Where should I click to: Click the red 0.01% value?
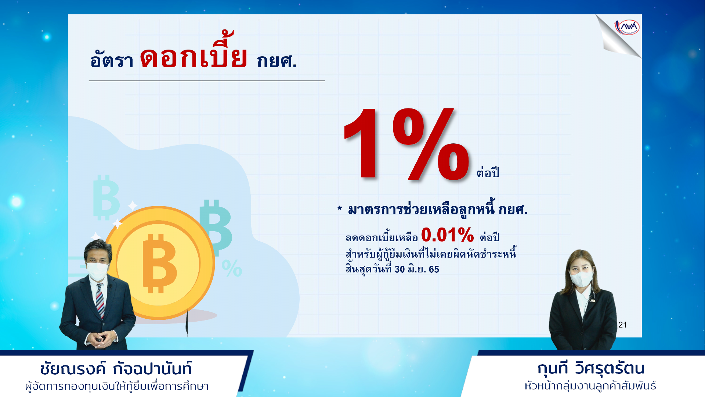447,235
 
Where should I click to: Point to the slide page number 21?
622,325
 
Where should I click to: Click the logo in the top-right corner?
627,27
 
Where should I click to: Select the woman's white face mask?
581,279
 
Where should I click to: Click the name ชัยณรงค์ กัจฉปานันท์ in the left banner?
116,369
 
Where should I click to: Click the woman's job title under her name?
590,386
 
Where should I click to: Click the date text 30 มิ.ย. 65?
417,269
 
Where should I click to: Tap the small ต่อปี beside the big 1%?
488,172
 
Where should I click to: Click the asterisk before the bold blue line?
340,209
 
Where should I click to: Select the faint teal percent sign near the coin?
232,268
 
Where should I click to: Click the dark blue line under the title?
207,81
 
